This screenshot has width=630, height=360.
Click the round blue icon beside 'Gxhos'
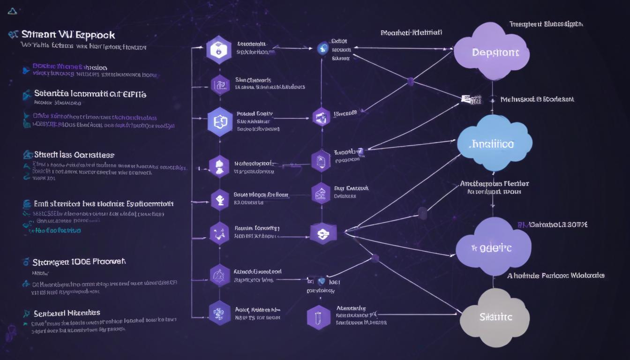click(322, 48)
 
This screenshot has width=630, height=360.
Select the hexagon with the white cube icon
click(219, 49)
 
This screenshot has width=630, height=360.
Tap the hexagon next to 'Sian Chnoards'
click(219, 84)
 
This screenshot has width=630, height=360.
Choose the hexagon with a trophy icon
click(219, 200)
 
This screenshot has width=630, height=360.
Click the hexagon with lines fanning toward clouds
click(323, 232)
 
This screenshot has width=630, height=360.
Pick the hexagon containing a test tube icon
click(319, 317)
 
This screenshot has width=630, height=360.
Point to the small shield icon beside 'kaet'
click(321, 282)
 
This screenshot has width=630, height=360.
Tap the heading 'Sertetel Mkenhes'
click(67, 313)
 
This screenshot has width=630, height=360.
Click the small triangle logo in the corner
click(13, 11)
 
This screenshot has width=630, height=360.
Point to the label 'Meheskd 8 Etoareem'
click(537, 99)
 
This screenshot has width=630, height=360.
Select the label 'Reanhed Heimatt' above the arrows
click(412, 33)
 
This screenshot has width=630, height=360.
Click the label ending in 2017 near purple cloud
click(558, 225)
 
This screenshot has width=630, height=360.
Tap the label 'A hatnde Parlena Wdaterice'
click(555, 276)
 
